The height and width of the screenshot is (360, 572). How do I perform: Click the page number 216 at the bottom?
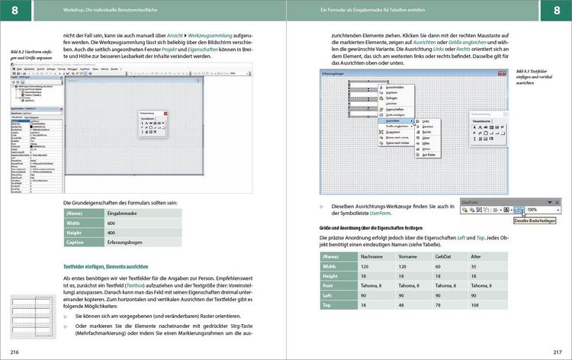[14, 350]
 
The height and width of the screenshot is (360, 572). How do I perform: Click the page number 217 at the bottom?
[558, 350]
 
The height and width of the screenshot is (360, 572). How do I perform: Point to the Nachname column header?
[371, 256]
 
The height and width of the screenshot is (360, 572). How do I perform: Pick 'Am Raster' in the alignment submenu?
[431, 154]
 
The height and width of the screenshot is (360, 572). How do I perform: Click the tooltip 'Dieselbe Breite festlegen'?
[538, 220]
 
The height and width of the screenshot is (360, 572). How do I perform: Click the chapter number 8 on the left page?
[14, 9]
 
